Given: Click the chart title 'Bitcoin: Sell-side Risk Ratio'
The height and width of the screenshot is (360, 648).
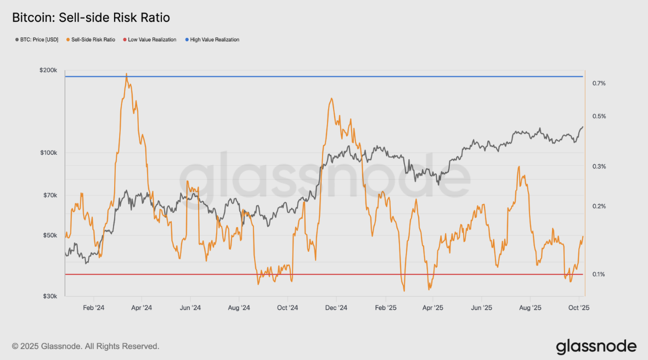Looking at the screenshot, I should coord(91,18).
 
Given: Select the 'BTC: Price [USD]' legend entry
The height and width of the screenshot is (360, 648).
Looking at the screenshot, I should coord(37,40).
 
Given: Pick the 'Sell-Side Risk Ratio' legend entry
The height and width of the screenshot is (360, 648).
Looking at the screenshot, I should coord(91,40).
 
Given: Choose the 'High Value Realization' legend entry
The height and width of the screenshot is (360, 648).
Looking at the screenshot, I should coord(214,40).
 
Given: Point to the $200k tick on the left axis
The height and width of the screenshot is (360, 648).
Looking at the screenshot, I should coord(49,70).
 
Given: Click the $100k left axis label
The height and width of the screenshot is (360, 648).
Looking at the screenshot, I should coord(49,153).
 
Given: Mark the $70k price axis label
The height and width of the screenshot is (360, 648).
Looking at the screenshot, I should coord(50,195).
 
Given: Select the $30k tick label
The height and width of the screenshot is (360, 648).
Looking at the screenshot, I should coord(50,296).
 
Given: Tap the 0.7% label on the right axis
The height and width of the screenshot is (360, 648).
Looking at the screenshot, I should coord(599,83).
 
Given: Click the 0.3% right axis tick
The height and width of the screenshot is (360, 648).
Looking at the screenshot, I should coord(599,166).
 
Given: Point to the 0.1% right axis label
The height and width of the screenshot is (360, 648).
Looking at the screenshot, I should coord(599,274).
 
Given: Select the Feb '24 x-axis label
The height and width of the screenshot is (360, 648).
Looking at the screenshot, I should coord(93,308).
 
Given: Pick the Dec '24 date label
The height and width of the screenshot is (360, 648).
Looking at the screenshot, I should coord(336,308).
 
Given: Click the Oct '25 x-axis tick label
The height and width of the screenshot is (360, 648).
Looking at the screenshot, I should coord(578,308).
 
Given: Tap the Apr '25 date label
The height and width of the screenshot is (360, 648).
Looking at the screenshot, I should coord(432,308).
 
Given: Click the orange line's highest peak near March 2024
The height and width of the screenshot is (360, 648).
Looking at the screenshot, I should coord(127,74).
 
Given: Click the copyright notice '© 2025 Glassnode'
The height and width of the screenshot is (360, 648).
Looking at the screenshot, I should coord(86,346).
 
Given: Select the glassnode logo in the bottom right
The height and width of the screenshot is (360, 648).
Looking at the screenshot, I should coord(596,346).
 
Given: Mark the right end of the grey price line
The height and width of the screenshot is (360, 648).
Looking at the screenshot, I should coord(583,127).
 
